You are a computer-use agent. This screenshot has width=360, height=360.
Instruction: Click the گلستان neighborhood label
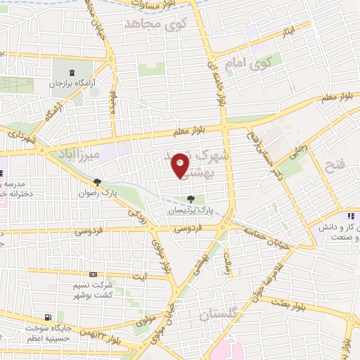[x=221, y=316]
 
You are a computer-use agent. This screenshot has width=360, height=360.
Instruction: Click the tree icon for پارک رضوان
[x=97, y=182]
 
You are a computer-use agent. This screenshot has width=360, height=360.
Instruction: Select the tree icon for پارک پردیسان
[x=191, y=199]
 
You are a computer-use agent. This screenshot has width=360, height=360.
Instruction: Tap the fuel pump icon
[x=48, y=317]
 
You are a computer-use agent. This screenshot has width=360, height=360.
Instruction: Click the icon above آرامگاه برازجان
[x=71, y=72]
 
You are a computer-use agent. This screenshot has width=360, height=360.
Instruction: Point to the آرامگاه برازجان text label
[x=71, y=84]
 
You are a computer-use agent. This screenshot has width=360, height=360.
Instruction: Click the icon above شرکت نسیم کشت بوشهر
[x=93, y=275]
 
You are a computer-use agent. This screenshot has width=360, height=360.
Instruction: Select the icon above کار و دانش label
[x=349, y=215]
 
